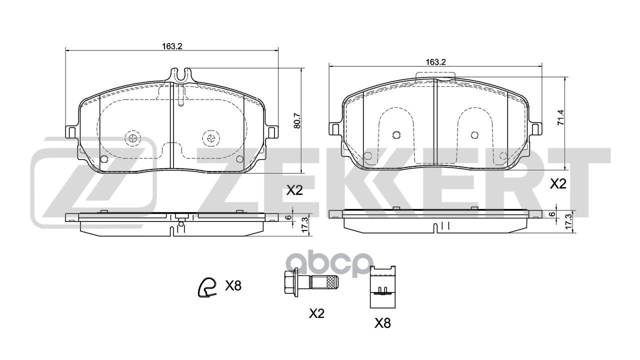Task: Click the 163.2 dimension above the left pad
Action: [x=172, y=46]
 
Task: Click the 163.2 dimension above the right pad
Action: [x=435, y=62]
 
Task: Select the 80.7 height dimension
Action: [x=297, y=121]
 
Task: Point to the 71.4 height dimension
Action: [x=561, y=117]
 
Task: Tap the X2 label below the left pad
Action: [x=294, y=190]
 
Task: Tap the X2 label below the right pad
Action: [x=558, y=184]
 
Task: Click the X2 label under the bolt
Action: [x=317, y=314]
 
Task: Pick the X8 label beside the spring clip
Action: [x=233, y=285]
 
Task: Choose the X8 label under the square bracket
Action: [x=382, y=323]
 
